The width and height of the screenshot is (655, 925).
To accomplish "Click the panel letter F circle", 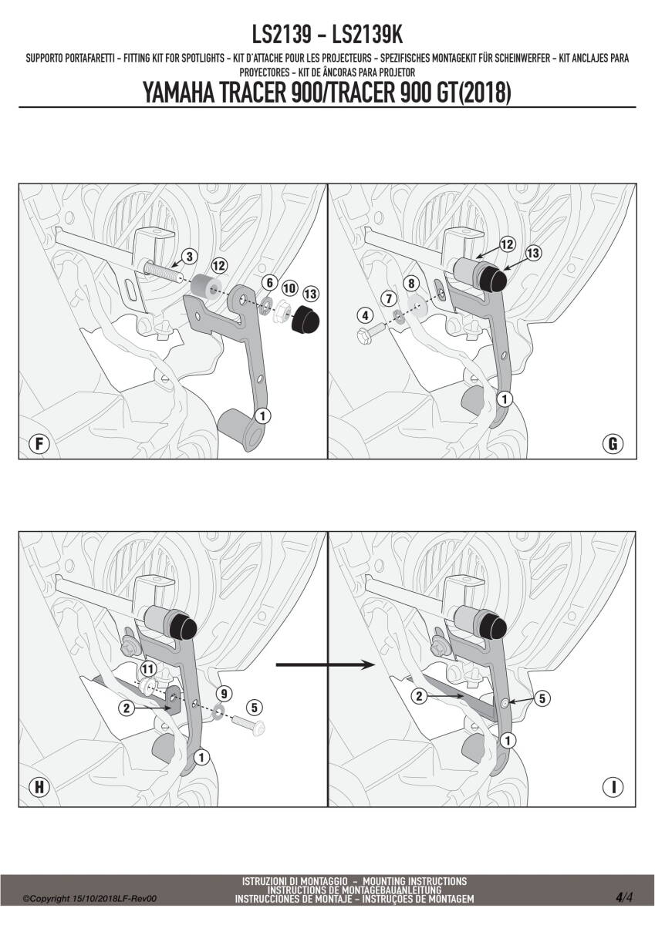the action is pyautogui.click(x=39, y=444).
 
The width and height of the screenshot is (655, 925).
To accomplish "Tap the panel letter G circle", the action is pyautogui.click(x=613, y=444).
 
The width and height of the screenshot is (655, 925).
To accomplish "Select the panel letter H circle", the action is pyautogui.click(x=39, y=787).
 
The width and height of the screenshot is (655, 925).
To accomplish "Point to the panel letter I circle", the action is pyautogui.click(x=613, y=787).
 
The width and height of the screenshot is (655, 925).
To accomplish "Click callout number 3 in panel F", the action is pyautogui.click(x=189, y=257).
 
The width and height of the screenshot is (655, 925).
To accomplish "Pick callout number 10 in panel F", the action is pyautogui.click(x=289, y=288).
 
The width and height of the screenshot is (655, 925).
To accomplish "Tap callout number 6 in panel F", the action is pyautogui.click(x=270, y=283).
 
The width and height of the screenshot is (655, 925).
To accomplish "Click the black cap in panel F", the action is pyautogui.click(x=306, y=321).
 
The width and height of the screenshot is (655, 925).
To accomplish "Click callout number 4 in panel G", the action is pyautogui.click(x=365, y=316).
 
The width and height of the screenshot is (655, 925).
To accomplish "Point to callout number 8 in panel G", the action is pyautogui.click(x=411, y=284).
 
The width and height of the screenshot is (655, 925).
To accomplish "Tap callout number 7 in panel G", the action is pyautogui.click(x=389, y=298).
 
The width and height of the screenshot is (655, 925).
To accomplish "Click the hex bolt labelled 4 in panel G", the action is pyautogui.click(x=370, y=333).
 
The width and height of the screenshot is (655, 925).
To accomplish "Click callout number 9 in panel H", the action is pyautogui.click(x=224, y=693).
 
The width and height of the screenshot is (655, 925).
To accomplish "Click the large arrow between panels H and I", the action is pyautogui.click(x=325, y=664).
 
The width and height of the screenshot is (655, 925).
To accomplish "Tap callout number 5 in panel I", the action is pyautogui.click(x=542, y=698).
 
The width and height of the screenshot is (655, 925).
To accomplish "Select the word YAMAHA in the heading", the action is pyautogui.click(x=178, y=93).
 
